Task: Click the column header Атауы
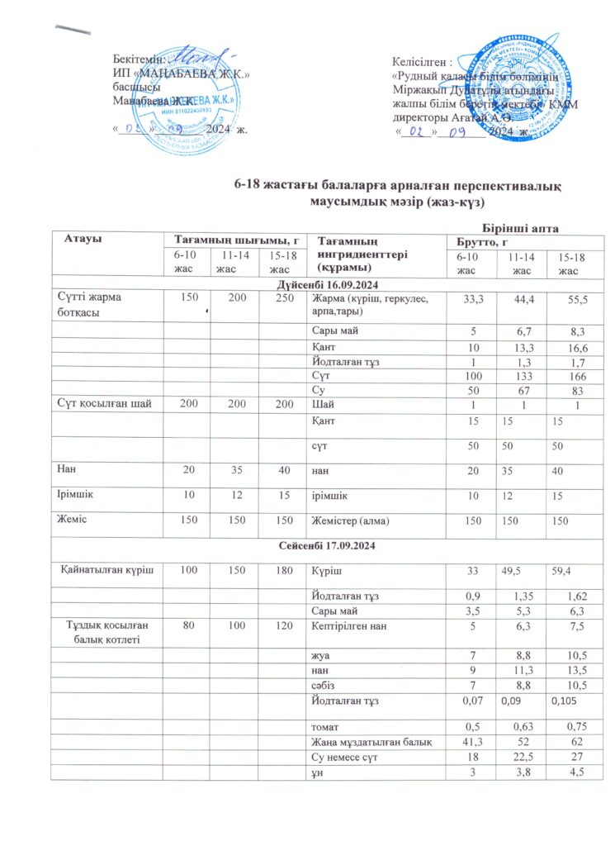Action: pyautogui.click(x=83, y=238)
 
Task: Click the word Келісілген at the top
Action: pyautogui.click(x=420, y=62)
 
